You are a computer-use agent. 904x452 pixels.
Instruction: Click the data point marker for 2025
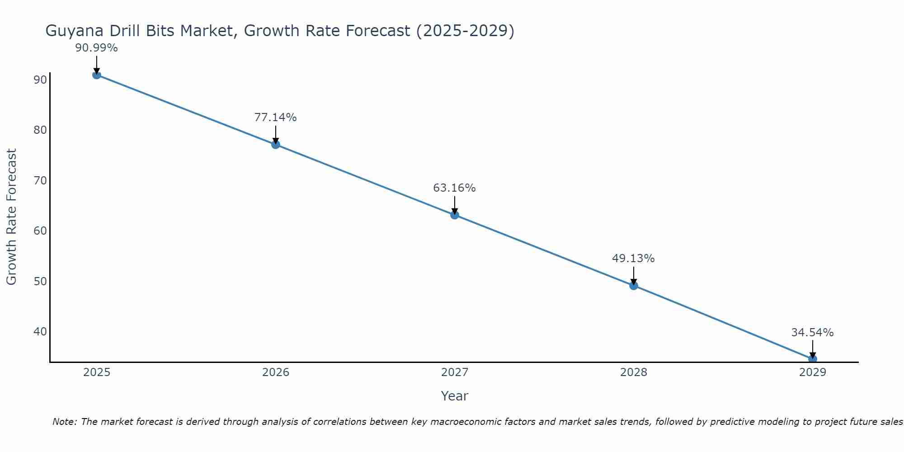(97, 75)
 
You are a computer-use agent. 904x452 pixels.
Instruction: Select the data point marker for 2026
(276, 145)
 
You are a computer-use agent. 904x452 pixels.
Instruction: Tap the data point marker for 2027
(455, 215)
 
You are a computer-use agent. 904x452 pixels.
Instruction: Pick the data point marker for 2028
(634, 286)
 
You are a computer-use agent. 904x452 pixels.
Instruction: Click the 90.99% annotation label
(96, 48)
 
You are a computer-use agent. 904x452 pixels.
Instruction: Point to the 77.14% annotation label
(275, 118)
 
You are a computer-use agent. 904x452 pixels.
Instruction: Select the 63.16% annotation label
(454, 188)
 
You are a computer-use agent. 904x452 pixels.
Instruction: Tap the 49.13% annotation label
(633, 259)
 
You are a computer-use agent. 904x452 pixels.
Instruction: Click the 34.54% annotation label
(812, 333)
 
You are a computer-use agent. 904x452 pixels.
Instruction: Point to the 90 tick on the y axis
(40, 80)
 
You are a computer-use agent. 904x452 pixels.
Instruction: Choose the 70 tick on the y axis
(40, 181)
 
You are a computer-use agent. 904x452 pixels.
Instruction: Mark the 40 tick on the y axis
(40, 332)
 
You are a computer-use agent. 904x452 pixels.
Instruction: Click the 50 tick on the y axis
(40, 282)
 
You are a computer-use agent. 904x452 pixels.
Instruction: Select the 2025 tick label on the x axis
(97, 372)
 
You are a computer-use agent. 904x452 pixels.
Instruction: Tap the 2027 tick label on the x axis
(455, 372)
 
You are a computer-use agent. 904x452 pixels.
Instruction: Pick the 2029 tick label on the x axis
(813, 372)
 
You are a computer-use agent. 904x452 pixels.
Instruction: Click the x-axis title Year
(455, 396)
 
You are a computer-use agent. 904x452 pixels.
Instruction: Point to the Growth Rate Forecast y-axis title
(12, 217)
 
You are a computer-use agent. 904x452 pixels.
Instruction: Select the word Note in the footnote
(64, 422)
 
